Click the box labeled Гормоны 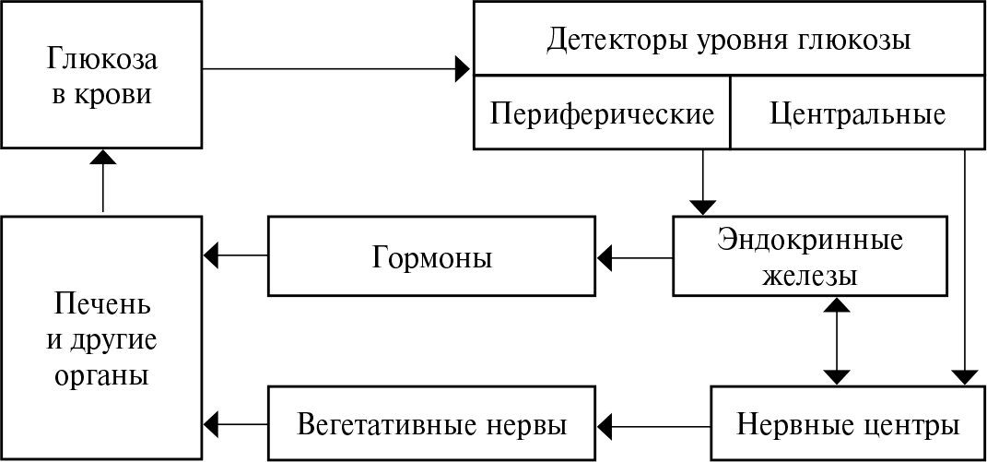[431, 256]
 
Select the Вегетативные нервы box [431, 425]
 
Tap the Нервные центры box [848, 425]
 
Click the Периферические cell [602, 113]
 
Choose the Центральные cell [857, 113]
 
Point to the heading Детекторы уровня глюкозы [728, 41]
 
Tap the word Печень [101, 303]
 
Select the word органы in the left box [101, 377]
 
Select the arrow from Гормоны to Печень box [235, 254]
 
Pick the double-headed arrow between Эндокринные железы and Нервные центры [836, 340]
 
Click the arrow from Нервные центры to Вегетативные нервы [654, 425]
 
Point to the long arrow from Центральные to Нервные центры [964, 267]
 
